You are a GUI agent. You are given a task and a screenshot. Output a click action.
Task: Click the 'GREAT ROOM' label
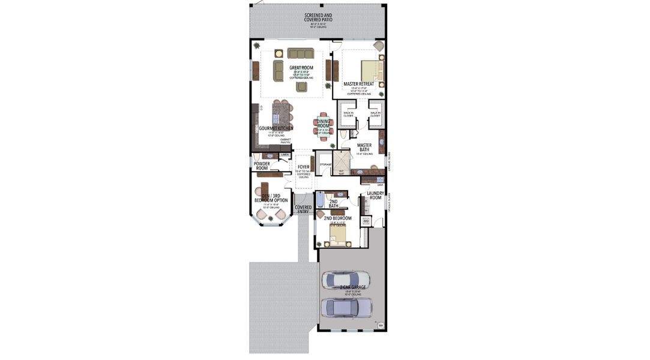coord(301,68)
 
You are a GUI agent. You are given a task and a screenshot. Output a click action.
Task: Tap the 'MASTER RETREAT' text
coord(359,84)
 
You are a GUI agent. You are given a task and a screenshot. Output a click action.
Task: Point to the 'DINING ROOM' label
coord(323,124)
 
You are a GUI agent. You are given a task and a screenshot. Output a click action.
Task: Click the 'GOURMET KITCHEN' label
coord(276,128)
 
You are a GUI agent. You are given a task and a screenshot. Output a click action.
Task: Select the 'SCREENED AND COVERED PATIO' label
coord(318,17)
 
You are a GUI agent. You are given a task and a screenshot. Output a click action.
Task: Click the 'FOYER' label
coord(304,167)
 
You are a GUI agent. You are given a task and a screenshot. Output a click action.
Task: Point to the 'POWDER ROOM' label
coord(262,166)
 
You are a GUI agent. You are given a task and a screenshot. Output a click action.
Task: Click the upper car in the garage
coord(346,280)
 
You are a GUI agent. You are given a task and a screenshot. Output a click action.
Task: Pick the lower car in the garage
coord(346,307)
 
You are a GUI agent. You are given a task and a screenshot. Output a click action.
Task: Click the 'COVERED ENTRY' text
coord(303,209)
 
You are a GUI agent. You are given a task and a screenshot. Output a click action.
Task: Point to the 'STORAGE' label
coord(325,164)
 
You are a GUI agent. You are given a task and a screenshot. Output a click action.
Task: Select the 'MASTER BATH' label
coord(364,147)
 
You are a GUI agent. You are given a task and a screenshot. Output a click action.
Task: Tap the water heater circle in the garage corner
coord(380,326)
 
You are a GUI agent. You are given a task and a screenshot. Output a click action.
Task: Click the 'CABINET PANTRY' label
coord(286,141)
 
